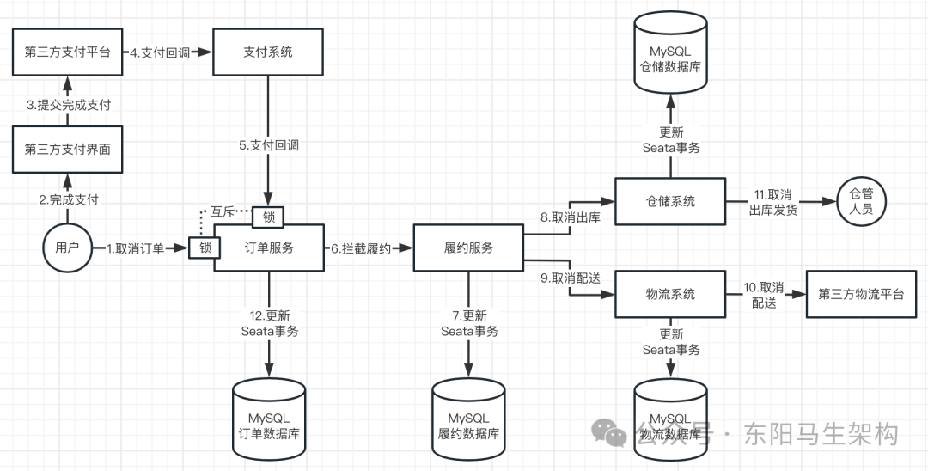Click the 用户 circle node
pos(66,248)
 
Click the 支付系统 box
pos(268,52)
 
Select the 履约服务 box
pos(468,248)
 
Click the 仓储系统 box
pos(670,201)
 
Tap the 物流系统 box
pos(670,294)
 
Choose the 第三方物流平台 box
pos(860,294)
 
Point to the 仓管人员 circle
pos(860,201)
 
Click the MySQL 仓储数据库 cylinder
pos(670,58)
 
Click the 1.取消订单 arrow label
pos(135,248)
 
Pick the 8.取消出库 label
pos(570,217)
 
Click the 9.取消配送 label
pos(570,279)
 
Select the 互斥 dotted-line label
pos(223,211)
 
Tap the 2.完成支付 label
pos(69,199)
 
